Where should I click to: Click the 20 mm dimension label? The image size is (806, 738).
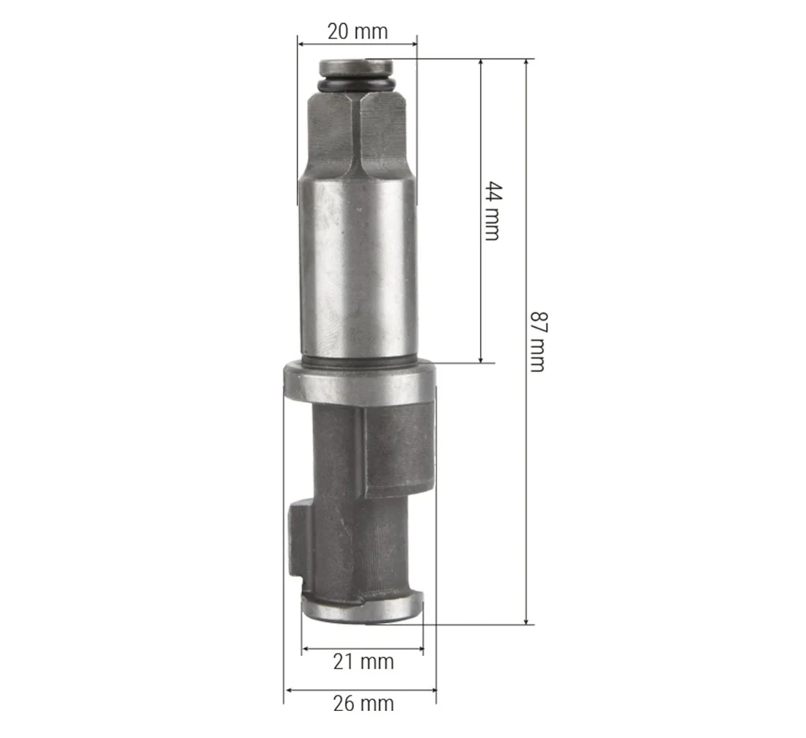click(x=358, y=31)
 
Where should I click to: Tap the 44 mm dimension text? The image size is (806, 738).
click(x=493, y=211)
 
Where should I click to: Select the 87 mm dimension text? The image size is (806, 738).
click(x=538, y=341)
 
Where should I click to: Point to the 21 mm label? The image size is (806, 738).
click(x=363, y=661)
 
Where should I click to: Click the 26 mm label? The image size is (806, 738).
click(x=363, y=703)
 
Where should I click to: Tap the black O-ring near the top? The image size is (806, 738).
click(x=356, y=83)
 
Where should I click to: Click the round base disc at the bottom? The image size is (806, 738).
click(x=363, y=608)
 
